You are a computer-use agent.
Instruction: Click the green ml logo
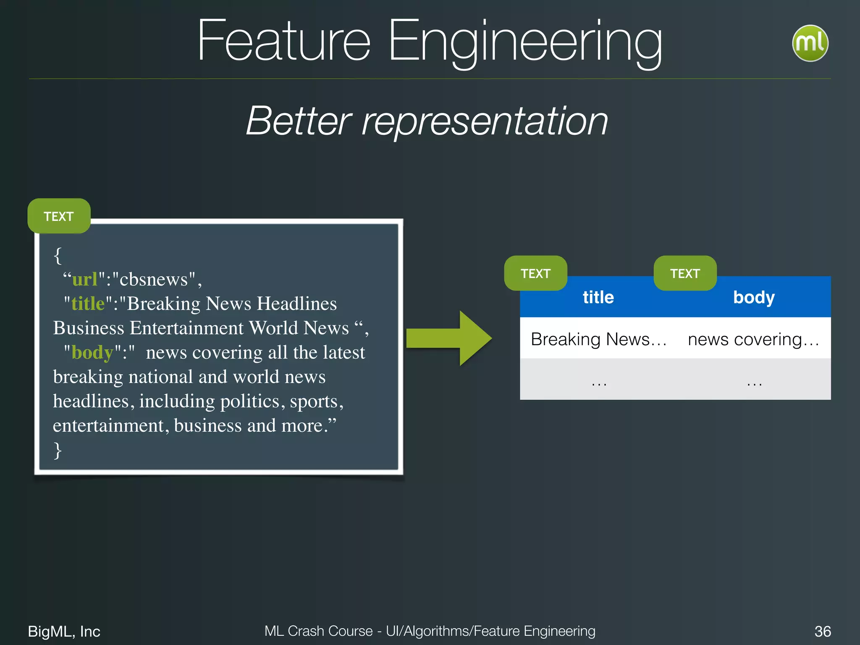point(810,43)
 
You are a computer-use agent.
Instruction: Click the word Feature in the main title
point(284,41)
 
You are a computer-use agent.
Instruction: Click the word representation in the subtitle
point(485,122)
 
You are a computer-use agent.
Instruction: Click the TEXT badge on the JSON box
point(59,216)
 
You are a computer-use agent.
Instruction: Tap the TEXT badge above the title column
point(535,273)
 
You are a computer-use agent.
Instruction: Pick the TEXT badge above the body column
point(685,273)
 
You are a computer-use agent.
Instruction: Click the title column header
point(598,297)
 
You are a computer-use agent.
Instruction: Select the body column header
point(754,297)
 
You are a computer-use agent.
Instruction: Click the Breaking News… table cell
point(598,339)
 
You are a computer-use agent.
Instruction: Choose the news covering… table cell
point(753,339)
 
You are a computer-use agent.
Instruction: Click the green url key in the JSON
point(85,279)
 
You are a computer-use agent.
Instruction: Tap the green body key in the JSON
point(92,352)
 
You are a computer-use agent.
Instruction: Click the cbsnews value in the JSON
point(154,279)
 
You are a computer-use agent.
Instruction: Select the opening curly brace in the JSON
point(58,255)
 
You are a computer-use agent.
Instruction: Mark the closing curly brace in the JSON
point(58,450)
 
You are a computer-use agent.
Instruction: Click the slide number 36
point(822,631)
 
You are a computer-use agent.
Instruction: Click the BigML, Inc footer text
point(64,631)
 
